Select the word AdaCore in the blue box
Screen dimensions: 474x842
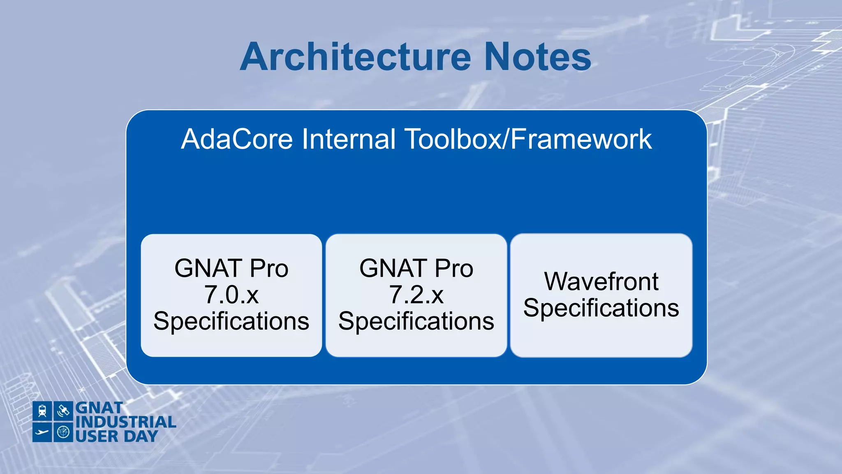pyautogui.click(x=237, y=139)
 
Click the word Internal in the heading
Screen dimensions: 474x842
pyautogui.click(x=349, y=139)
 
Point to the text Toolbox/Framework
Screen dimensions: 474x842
pyautogui.click(x=528, y=139)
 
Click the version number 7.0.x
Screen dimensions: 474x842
pyautogui.click(x=231, y=295)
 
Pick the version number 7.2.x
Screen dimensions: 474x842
pyautogui.click(x=416, y=295)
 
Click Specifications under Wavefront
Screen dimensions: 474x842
pyautogui.click(x=601, y=308)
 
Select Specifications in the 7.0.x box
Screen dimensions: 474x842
pyautogui.click(x=231, y=321)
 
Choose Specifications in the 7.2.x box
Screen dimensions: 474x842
pyautogui.click(x=416, y=321)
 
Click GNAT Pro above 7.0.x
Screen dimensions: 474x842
pyautogui.click(x=231, y=268)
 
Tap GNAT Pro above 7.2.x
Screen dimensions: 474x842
pyautogui.click(x=416, y=268)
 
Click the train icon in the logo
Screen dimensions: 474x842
pyautogui.click(x=42, y=411)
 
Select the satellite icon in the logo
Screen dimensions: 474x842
pyautogui.click(x=63, y=411)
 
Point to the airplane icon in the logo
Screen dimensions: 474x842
pyautogui.click(x=42, y=432)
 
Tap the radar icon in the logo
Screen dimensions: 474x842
pyautogui.click(x=63, y=432)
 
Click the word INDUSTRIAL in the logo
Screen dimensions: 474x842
pyautogui.click(x=126, y=422)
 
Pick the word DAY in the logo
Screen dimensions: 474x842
pyautogui.click(x=141, y=436)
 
